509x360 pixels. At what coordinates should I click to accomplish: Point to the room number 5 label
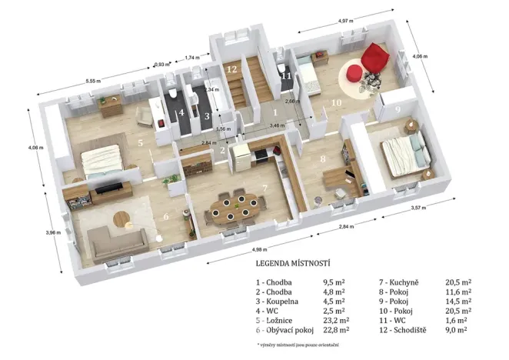pos(140,142)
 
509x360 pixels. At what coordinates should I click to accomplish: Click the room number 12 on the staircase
pos(231,69)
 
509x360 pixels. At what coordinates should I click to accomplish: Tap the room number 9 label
pos(398,109)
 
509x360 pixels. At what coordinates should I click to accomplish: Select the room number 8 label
pos(322,158)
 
